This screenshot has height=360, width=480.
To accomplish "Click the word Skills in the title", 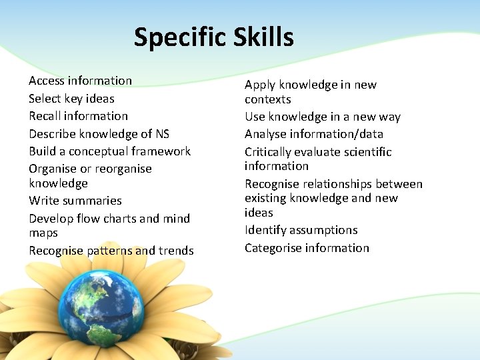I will [263, 37].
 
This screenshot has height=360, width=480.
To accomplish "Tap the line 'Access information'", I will [80, 81].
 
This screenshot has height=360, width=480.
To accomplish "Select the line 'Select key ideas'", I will [71, 99].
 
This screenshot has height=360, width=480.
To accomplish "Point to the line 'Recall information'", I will [78, 116].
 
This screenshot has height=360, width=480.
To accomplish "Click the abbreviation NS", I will [162, 133].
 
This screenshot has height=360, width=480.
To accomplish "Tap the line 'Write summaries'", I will [75, 201].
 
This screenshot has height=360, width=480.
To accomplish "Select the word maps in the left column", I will [43, 233].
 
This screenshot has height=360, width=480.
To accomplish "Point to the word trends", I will [176, 251].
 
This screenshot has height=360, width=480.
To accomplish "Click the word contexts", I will [267, 99].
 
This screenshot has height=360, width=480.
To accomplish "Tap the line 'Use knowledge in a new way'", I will [322, 117].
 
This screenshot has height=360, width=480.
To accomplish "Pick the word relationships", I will [335, 184].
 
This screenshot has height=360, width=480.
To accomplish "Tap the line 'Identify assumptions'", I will [301, 230].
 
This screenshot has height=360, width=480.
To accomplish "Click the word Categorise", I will [273, 248].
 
